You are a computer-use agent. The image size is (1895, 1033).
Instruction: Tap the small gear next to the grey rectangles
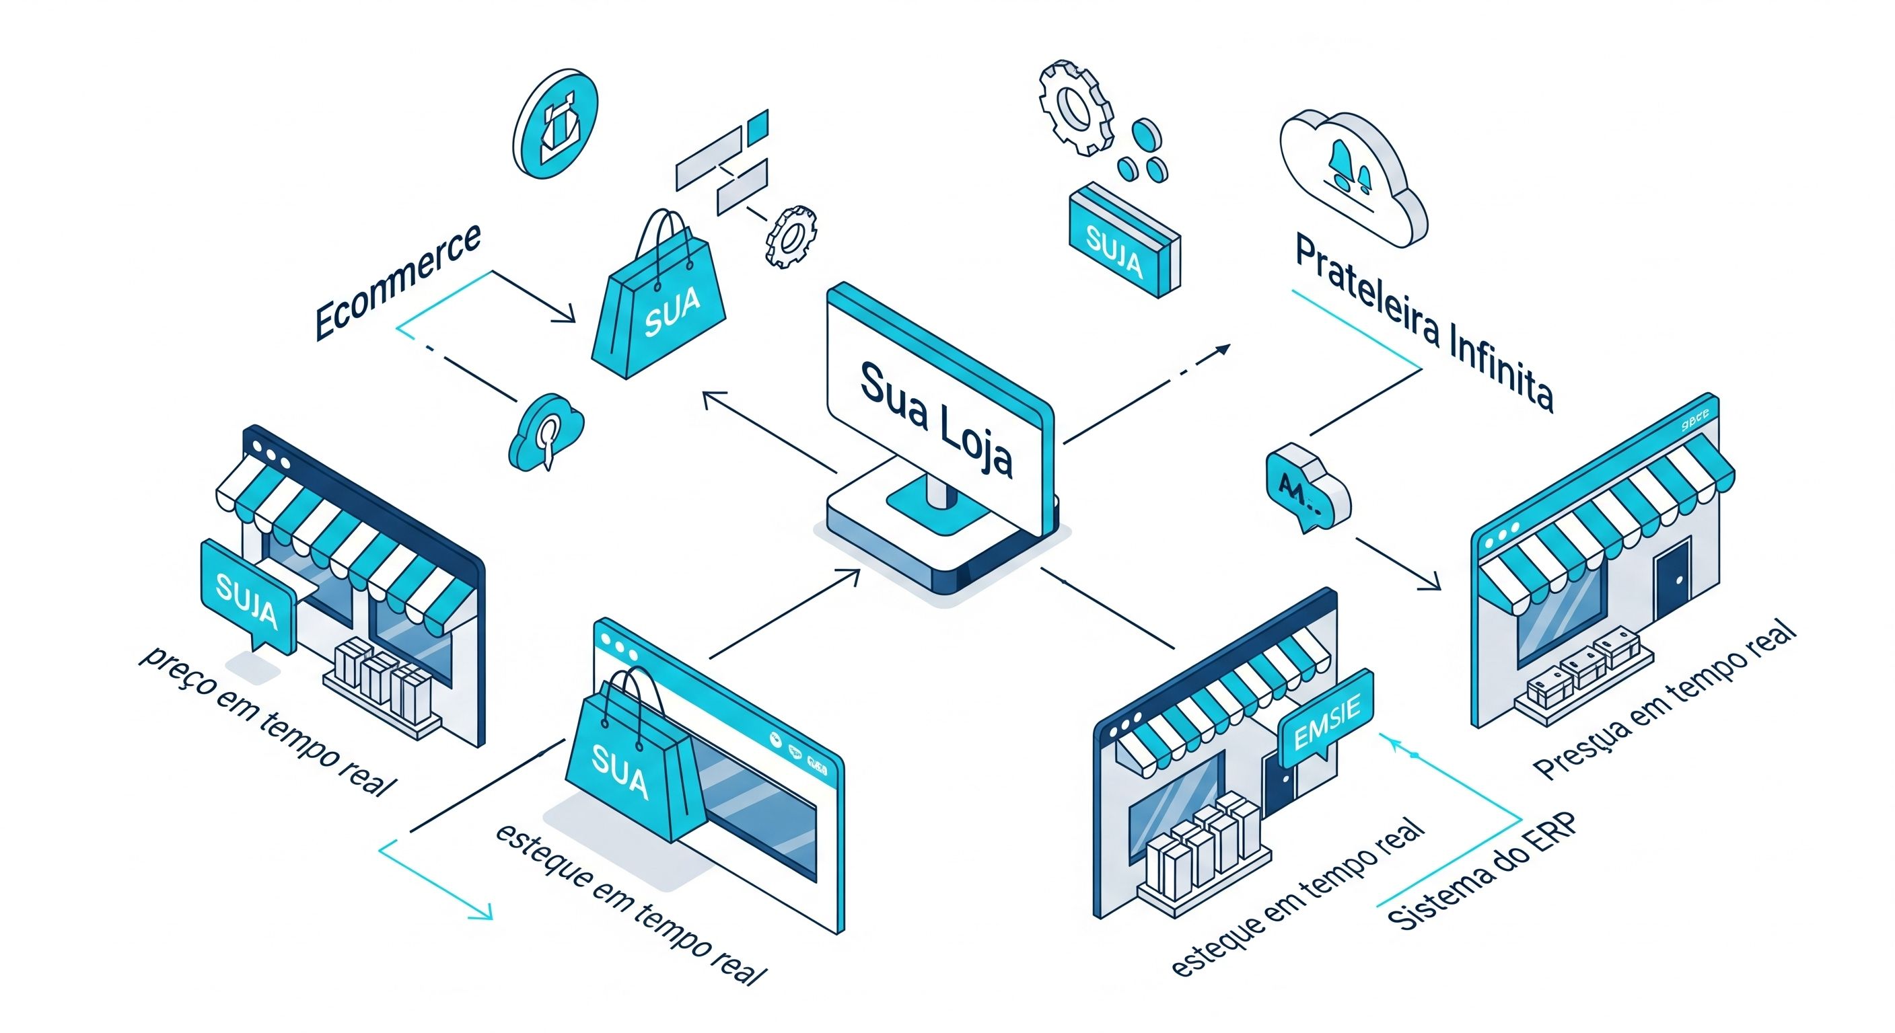[791, 236]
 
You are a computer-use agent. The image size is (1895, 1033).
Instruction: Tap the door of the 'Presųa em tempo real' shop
[1672, 580]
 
